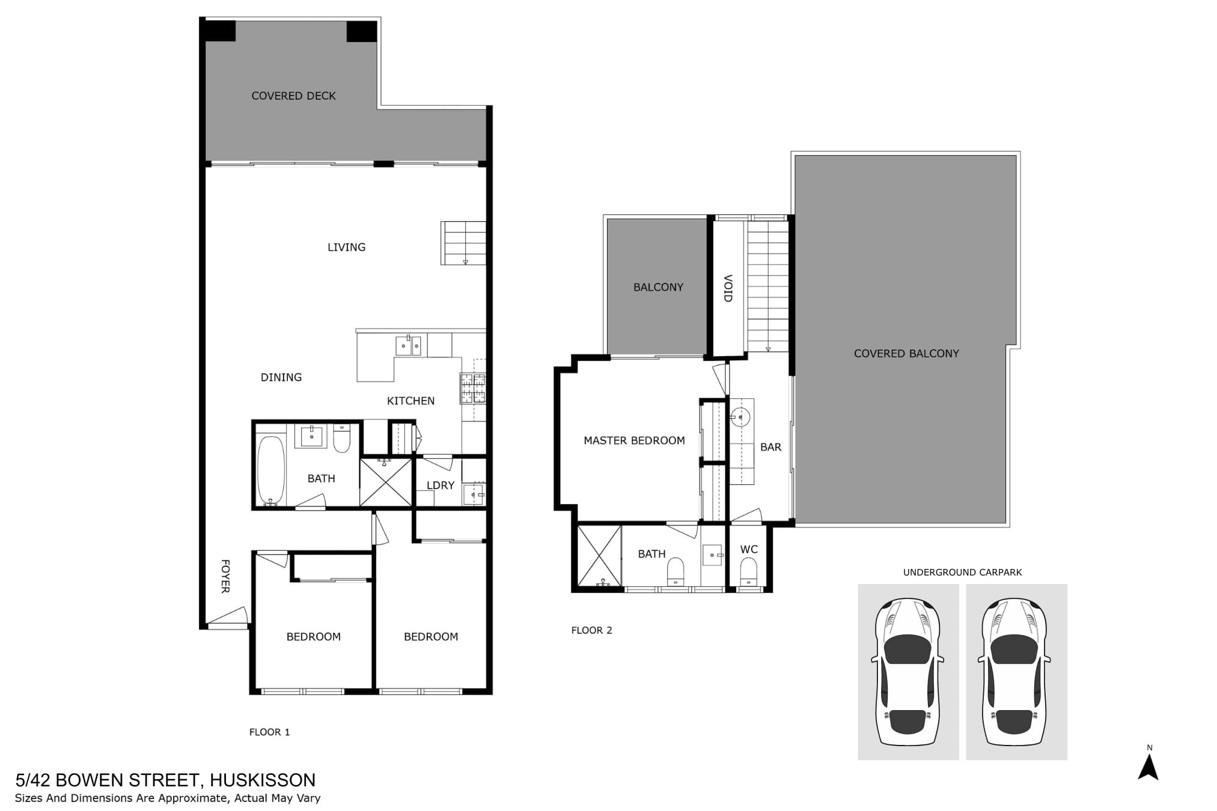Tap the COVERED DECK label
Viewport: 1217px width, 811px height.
click(x=293, y=96)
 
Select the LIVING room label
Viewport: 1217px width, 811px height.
click(x=346, y=247)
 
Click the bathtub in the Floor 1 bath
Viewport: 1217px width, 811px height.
click(x=270, y=470)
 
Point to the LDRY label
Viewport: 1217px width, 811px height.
click(x=441, y=485)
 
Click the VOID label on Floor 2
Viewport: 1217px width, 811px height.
click(x=727, y=288)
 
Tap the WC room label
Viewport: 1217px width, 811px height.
click(x=749, y=549)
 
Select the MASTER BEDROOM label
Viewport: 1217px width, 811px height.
click(x=634, y=440)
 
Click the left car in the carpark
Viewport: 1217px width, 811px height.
click(x=907, y=671)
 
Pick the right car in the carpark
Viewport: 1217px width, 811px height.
click(x=1014, y=671)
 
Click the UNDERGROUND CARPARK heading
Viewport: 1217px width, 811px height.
click(x=962, y=573)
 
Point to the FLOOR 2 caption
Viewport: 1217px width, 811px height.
click(x=591, y=630)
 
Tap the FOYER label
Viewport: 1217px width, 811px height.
click(x=225, y=577)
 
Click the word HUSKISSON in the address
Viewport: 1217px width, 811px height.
click(x=263, y=780)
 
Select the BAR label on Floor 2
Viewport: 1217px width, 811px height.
click(x=770, y=447)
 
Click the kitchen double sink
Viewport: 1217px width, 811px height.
click(x=408, y=345)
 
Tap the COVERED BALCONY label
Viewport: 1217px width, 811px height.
click(x=906, y=354)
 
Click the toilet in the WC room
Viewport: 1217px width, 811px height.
click(x=748, y=571)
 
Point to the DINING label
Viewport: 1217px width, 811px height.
click(x=281, y=377)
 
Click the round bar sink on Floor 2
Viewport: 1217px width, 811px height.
click(x=740, y=417)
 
